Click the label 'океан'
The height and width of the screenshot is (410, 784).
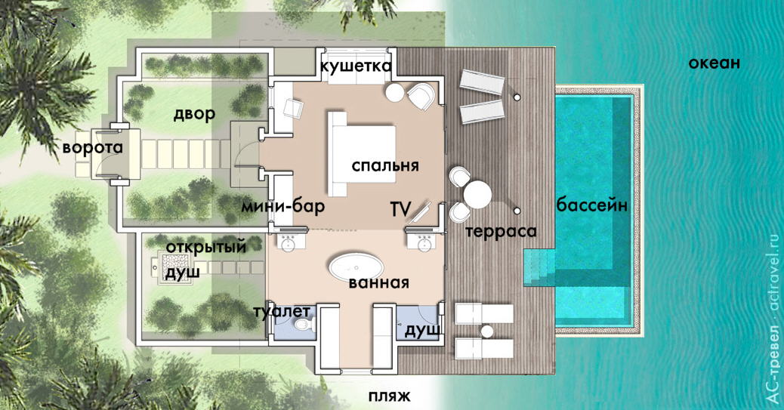(713, 63)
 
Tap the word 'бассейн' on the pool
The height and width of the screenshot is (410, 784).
(591, 205)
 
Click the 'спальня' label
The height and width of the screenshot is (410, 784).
(385, 165)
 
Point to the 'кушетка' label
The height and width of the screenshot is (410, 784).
(356, 66)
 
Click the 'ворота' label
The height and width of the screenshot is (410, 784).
(93, 147)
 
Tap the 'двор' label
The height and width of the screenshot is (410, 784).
(194, 114)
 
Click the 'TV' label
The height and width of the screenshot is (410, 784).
(401, 208)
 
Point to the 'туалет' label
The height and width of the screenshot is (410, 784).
(281, 310)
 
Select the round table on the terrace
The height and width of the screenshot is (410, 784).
(477, 194)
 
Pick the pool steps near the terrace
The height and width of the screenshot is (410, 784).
(538, 267)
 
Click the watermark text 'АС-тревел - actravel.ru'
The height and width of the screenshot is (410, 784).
(771, 317)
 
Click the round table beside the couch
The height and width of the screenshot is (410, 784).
(394, 92)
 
